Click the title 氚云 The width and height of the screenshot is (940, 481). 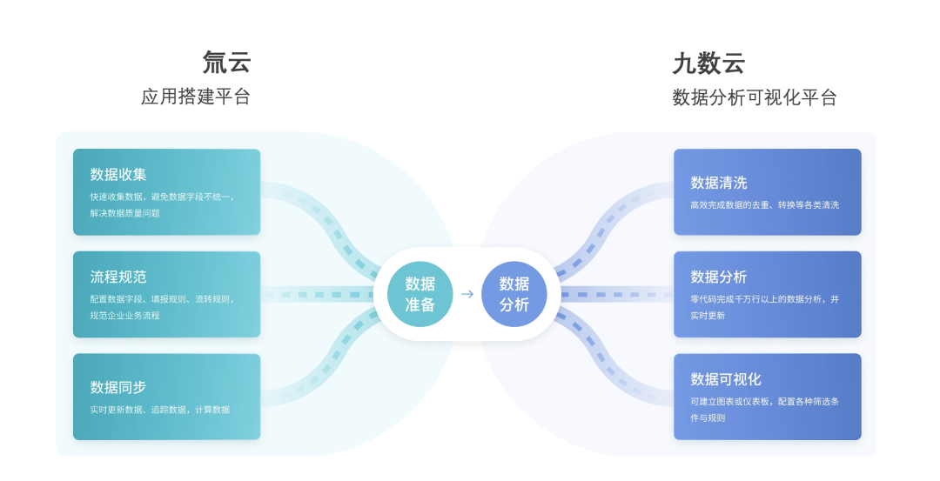(x=226, y=63)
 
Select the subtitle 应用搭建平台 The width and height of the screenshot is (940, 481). (x=196, y=97)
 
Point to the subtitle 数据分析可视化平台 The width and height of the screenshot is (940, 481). (x=754, y=97)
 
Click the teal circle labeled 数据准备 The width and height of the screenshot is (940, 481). (x=420, y=294)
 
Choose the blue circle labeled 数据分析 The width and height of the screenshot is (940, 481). (x=514, y=294)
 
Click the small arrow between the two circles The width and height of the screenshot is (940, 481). (x=467, y=294)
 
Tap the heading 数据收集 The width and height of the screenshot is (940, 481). (x=118, y=174)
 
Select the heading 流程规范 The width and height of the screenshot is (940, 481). (x=118, y=277)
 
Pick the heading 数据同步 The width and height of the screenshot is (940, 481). (x=118, y=387)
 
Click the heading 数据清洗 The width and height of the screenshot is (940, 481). (x=719, y=183)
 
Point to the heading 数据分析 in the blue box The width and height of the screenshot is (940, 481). (x=719, y=277)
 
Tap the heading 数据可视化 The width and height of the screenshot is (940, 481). (x=725, y=379)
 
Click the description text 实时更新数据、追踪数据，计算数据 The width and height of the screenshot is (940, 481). (x=160, y=410)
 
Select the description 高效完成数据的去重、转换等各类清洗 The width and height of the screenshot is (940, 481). (x=764, y=205)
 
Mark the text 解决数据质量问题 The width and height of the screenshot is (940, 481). (x=124, y=213)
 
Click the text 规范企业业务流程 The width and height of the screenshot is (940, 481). (x=124, y=316)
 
